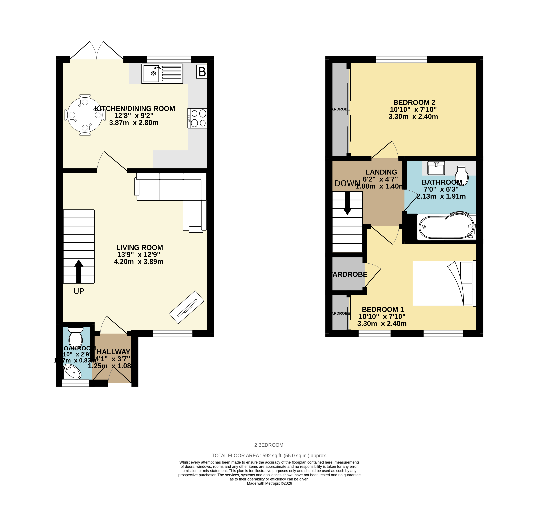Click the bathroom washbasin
[436, 168]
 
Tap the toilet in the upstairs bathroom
[462, 175]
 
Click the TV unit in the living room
[186, 307]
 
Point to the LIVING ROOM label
[140, 247]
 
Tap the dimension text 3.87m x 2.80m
[134, 123]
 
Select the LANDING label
[381, 172]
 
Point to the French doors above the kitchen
[96, 52]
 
